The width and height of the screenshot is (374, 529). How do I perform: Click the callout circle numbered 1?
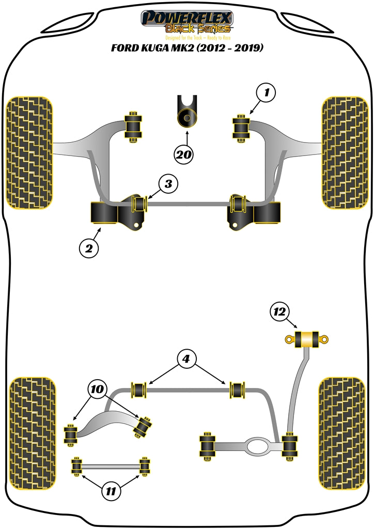tap(266, 94)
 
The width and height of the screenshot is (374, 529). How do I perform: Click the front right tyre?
tap(345, 152)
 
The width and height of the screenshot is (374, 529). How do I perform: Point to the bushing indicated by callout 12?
tap(307, 339)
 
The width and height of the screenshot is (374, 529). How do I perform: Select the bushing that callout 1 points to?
tap(241, 127)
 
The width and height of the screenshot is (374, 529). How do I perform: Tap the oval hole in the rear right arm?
tap(257, 445)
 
